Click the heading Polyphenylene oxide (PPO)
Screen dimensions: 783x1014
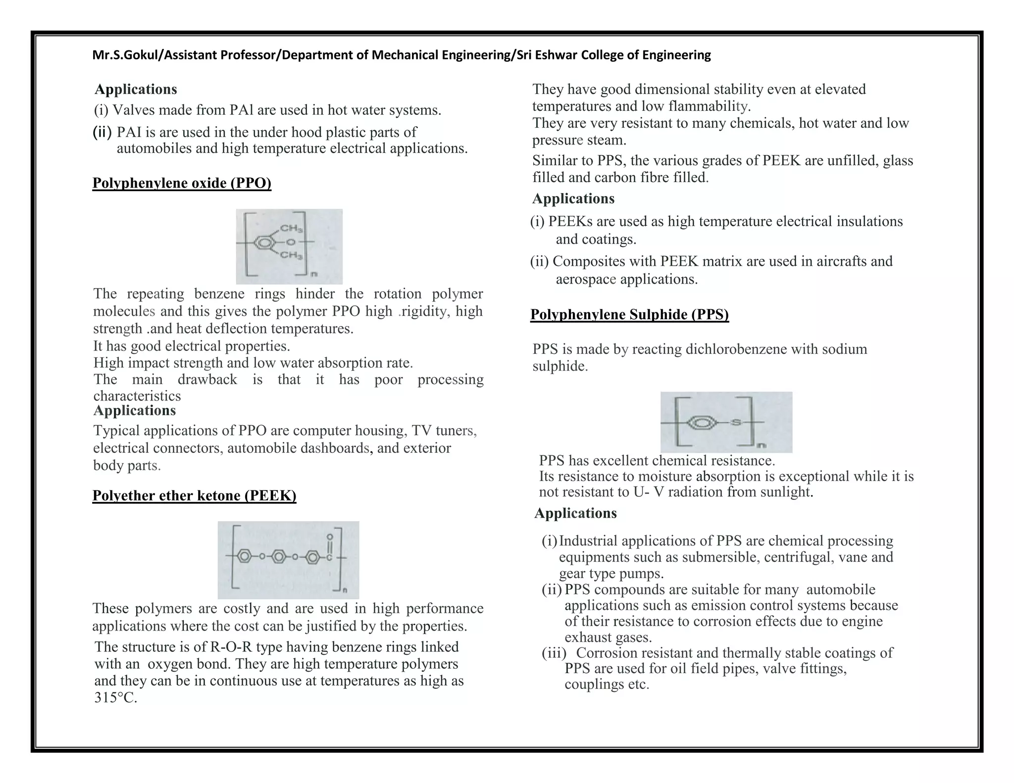click(x=182, y=183)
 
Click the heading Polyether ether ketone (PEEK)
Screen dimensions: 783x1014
click(x=194, y=495)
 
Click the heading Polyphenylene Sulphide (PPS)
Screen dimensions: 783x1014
click(x=629, y=314)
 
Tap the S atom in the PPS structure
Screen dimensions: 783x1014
click(x=736, y=422)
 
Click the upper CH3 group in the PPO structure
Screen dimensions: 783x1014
click(x=291, y=229)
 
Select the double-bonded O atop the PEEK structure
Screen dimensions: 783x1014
click(x=330, y=537)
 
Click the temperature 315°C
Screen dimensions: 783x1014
click(x=115, y=698)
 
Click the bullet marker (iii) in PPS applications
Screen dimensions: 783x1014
click(x=554, y=653)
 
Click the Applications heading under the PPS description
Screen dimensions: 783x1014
click(x=575, y=513)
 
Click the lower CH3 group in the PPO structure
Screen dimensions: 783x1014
click(x=291, y=255)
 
